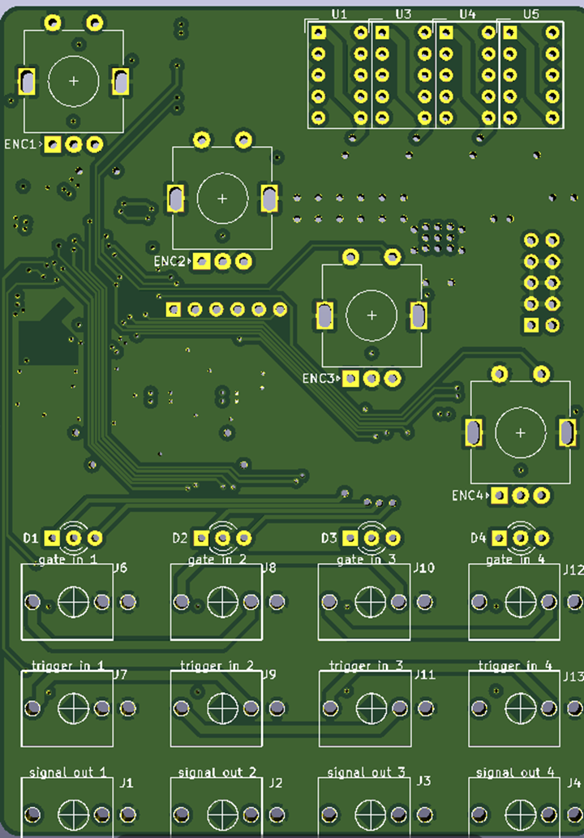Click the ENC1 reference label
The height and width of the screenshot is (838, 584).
coord(20,144)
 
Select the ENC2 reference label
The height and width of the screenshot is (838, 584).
coord(170,261)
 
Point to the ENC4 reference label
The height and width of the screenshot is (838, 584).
coord(468,496)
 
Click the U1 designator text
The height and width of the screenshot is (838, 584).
coord(339,15)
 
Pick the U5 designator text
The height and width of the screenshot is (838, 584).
coord(530,15)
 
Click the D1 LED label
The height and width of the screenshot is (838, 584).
coord(31,538)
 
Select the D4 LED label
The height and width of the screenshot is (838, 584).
coord(479,538)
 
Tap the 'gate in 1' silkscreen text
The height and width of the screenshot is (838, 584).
coord(68,560)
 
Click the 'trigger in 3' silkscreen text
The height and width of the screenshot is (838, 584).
coord(366,666)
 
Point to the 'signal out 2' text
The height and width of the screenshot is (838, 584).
coord(217,772)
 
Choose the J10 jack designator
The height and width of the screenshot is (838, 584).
coord(424,568)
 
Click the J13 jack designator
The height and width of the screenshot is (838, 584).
coord(573,676)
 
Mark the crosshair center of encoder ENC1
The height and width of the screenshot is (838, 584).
coord(74,81)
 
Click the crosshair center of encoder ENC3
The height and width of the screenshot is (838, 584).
coord(371,315)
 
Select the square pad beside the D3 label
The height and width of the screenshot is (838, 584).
coord(350,538)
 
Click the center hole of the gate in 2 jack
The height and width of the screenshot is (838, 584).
coord(223,602)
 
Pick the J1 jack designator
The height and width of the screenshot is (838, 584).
coord(126,783)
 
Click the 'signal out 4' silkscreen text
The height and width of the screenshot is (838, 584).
coord(515,772)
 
